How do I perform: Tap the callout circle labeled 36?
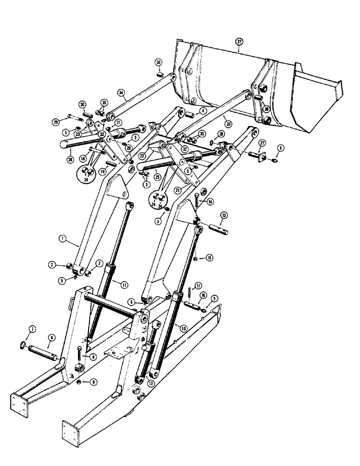tap(158, 64)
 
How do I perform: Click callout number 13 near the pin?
tap(224, 215)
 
